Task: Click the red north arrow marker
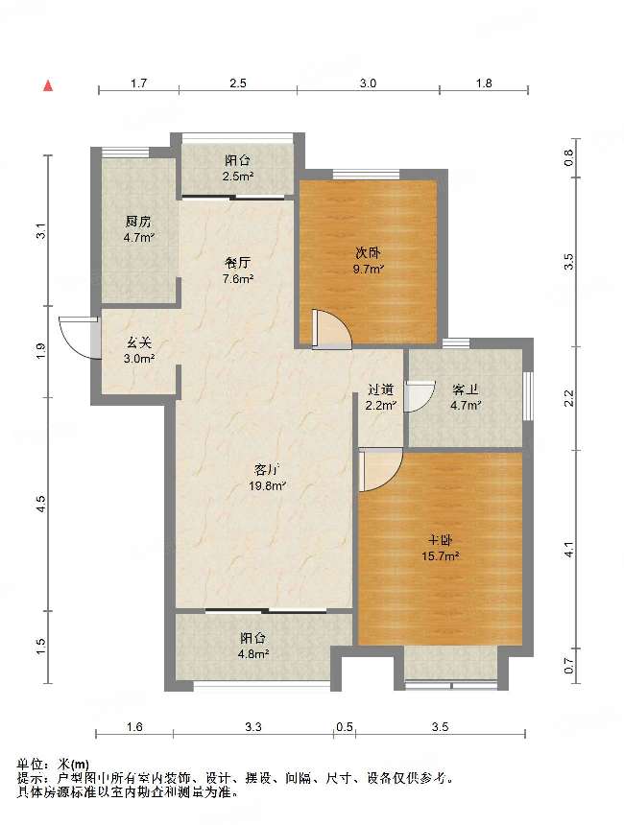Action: (x=48, y=85)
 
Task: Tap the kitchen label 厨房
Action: (x=138, y=222)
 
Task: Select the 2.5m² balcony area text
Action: (x=238, y=177)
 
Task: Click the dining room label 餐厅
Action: (x=237, y=263)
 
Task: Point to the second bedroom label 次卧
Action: (x=368, y=253)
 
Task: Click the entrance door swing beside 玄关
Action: (x=79, y=338)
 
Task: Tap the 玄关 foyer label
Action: (x=139, y=343)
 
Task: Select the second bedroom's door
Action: (x=331, y=329)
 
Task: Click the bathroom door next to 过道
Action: (x=420, y=395)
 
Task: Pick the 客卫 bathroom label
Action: (x=466, y=389)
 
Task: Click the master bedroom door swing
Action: (x=380, y=469)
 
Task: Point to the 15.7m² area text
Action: (x=441, y=556)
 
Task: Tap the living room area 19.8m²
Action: (x=268, y=486)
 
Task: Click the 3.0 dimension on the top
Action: (x=368, y=83)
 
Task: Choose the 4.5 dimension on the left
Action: (x=42, y=504)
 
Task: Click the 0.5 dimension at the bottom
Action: (x=345, y=726)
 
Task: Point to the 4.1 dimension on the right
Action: (x=568, y=550)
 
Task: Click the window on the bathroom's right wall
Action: (x=528, y=395)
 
